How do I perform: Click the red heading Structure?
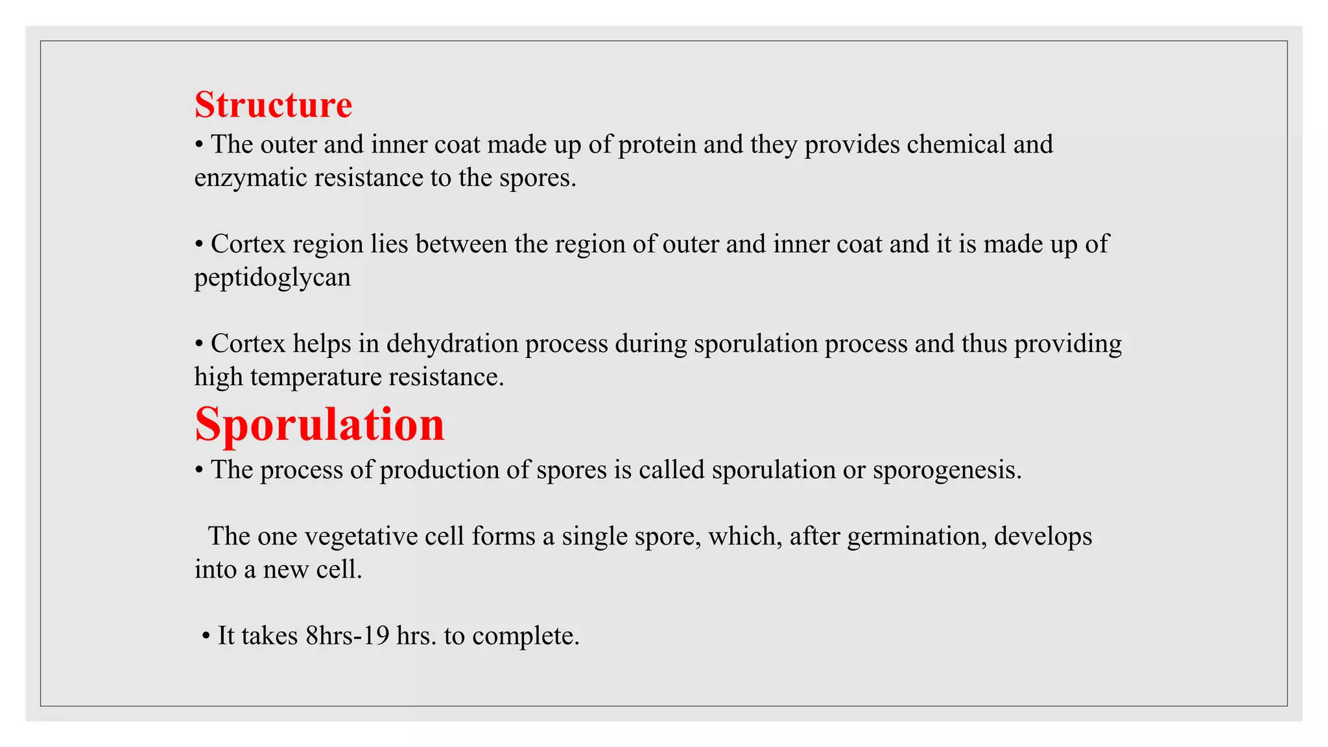click(x=273, y=105)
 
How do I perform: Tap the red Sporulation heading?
click(x=320, y=425)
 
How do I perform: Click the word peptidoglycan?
click(x=272, y=278)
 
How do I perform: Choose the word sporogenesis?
click(x=946, y=470)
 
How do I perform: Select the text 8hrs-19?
click(x=347, y=635)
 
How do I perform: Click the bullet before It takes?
click(x=206, y=636)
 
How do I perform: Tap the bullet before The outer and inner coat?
click(x=199, y=145)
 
